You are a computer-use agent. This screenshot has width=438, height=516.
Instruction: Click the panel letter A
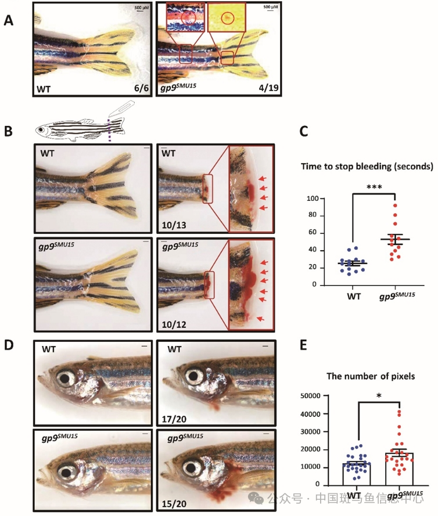click(9, 20)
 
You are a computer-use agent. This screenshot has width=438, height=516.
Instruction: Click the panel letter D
click(9, 344)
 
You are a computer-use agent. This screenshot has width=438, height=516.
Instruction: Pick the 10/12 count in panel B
click(171, 321)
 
